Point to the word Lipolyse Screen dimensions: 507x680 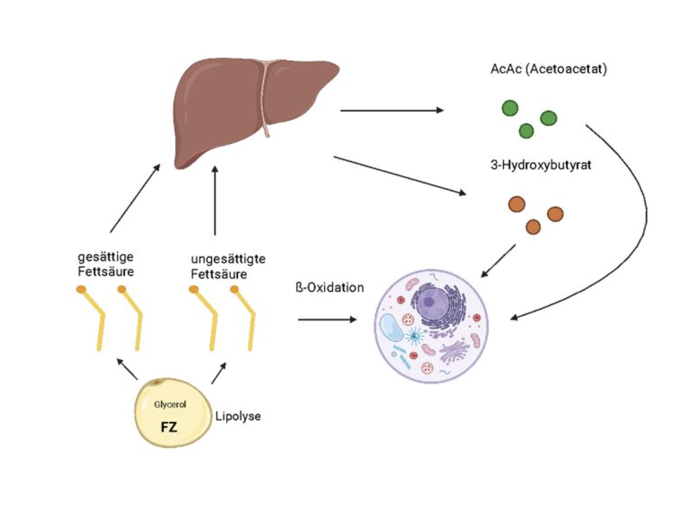click(x=238, y=416)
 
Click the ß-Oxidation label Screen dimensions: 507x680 click(x=329, y=287)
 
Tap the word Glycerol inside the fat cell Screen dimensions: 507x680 click(x=169, y=405)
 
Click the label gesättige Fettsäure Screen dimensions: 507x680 click(x=106, y=264)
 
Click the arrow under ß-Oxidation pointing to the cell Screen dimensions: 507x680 click(x=327, y=318)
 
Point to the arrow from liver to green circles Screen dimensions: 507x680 click(x=393, y=110)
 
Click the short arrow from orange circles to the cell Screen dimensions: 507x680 click(x=499, y=260)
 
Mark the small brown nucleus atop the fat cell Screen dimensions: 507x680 click(x=156, y=383)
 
